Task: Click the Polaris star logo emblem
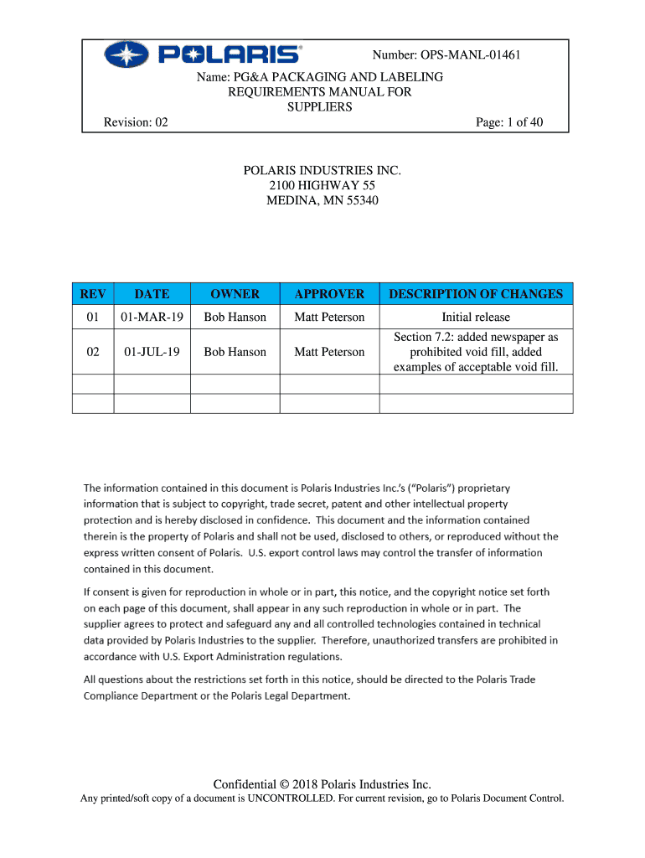(126, 56)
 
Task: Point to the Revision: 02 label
(136, 122)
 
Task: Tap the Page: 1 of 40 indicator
(509, 122)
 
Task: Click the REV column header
(93, 294)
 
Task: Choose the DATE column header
(152, 294)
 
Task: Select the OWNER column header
(235, 294)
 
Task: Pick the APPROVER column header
(329, 294)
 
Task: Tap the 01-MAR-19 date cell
(152, 317)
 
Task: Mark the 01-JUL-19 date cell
(152, 352)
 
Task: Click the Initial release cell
(476, 317)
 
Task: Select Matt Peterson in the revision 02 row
(329, 352)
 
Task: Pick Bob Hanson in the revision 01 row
(235, 317)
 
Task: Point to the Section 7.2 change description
(476, 352)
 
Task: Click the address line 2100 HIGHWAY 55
(322, 185)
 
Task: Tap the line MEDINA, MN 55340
(322, 200)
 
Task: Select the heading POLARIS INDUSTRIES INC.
(322, 170)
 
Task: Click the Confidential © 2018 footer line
(322, 784)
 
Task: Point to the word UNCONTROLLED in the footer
(281, 799)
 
